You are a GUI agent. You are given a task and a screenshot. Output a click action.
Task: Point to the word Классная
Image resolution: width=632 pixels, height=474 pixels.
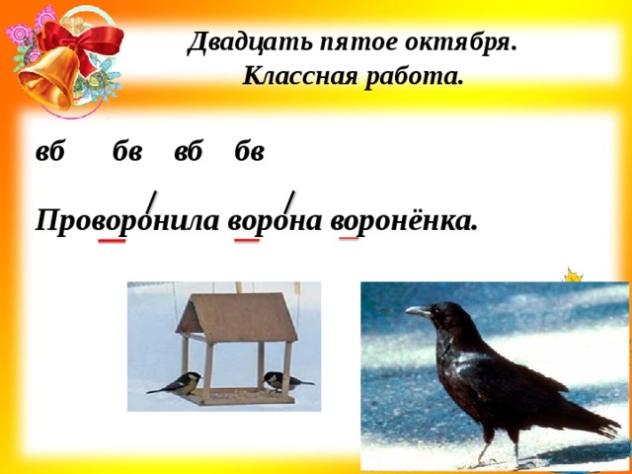tap(300, 76)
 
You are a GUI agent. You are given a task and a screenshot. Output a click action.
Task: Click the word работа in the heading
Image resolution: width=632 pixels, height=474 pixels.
tap(415, 76)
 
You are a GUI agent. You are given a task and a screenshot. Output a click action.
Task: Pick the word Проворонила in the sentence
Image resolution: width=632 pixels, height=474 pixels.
tap(127, 221)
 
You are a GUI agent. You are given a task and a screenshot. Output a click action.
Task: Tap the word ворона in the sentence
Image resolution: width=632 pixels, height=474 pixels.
tap(275, 222)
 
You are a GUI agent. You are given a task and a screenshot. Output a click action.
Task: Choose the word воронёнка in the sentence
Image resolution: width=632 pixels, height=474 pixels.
tap(404, 221)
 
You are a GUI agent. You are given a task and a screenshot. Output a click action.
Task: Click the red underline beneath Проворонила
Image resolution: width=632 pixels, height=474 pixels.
tap(112, 241)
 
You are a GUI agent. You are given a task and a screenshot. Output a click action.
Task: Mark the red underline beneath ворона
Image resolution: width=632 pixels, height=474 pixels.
tap(247, 240)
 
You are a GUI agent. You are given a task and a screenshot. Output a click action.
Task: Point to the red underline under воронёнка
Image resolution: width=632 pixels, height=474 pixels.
tap(349, 238)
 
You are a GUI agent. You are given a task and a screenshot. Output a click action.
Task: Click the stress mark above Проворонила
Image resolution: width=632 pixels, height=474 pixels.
tap(151, 201)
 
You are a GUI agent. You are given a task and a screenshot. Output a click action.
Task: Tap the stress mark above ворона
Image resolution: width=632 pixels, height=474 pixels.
tap(289, 201)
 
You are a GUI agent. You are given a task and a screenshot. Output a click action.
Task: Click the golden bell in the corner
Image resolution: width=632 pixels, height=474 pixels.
tap(48, 79)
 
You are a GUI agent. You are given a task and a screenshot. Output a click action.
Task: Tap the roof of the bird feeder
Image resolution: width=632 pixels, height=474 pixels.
tap(237, 317)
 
